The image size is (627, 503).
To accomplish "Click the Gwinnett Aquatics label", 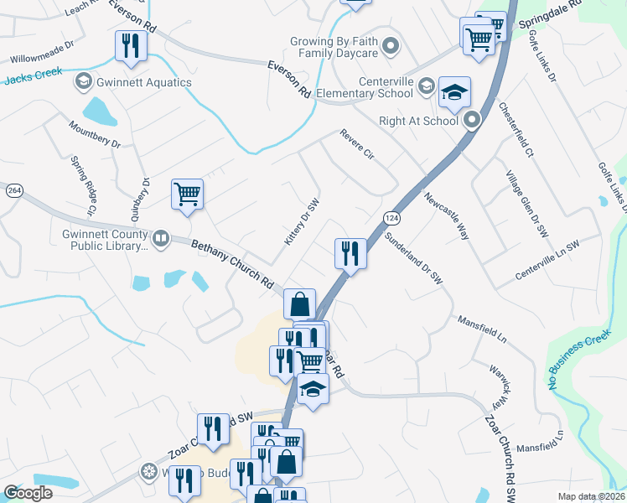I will point(145,82).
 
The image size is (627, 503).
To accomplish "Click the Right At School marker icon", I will point(471,121).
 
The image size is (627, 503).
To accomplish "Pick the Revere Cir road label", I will point(356,143).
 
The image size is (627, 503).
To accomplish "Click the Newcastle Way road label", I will point(446,216).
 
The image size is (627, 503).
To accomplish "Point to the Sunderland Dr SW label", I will point(412,260).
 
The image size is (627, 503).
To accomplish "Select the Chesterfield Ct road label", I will point(516,129).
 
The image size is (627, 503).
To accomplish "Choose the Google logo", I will point(28,493).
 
